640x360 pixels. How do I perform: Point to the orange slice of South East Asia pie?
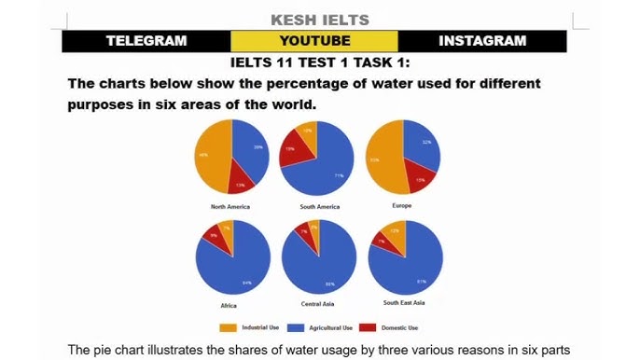tap(397, 233)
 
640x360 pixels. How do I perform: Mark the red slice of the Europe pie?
tap(421, 178)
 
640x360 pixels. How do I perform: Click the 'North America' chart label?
tap(230, 206)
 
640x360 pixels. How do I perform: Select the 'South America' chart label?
tap(320, 206)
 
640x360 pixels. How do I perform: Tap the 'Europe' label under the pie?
tap(403, 204)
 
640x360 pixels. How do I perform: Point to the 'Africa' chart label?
tap(228, 305)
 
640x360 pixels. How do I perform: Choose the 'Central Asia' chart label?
tap(318, 305)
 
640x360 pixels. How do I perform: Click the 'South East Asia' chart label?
tap(404, 303)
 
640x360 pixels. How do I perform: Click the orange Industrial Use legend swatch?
tap(228, 327)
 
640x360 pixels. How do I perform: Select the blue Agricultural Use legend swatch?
tap(294, 327)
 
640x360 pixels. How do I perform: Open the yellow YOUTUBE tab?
tap(314, 41)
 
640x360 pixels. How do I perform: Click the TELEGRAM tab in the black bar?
tap(146, 41)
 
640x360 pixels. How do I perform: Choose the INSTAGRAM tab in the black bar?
tap(482, 41)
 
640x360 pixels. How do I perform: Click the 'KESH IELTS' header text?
tap(319, 19)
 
